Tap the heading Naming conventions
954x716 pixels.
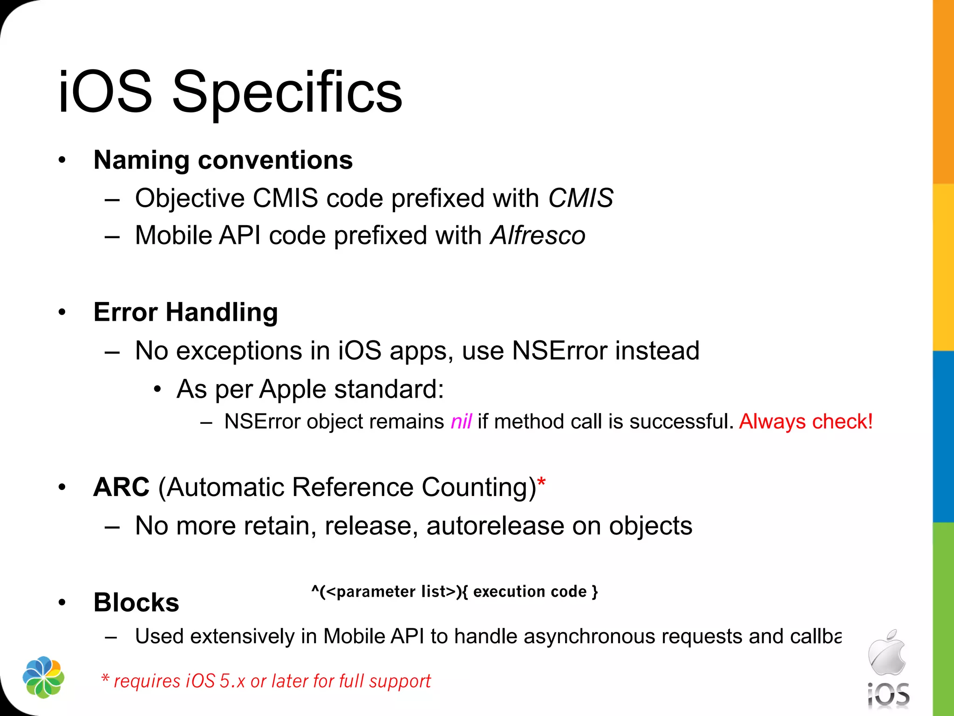223,160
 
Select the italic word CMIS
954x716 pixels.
580,198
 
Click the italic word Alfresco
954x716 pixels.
538,235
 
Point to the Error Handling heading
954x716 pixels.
185,312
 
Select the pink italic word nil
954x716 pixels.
461,421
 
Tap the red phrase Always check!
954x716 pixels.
805,421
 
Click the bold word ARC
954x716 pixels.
121,487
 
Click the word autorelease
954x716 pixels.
495,526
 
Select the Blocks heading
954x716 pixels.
136,602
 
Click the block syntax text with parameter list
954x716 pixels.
454,592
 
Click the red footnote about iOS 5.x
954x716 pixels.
266,681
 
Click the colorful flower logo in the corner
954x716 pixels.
43,677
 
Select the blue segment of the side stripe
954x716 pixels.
943,436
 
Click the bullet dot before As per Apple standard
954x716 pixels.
157,389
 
